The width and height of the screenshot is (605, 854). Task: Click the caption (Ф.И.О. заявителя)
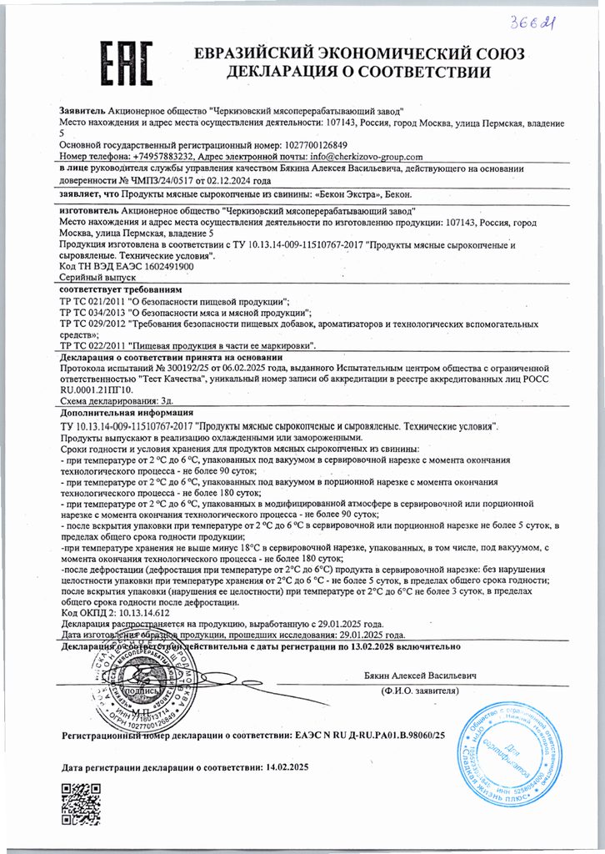tap(422, 691)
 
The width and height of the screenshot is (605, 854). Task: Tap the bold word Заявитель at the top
tap(82, 111)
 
